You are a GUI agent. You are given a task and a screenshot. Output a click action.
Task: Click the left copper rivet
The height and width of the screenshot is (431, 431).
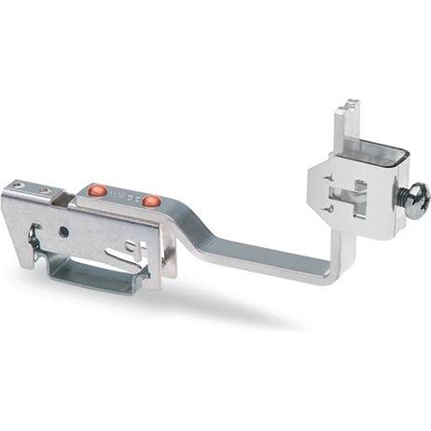pyautogui.click(x=97, y=190)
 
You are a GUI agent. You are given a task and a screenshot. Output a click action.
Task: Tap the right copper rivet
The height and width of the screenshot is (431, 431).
pyautogui.click(x=151, y=201)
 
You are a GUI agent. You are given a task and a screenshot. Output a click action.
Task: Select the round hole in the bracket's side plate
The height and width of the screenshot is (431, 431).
pyautogui.click(x=63, y=229)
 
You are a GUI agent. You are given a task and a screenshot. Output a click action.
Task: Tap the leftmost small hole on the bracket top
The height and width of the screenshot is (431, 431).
pyautogui.click(x=19, y=186)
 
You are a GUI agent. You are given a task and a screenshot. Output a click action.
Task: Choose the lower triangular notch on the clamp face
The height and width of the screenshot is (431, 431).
pyautogui.click(x=328, y=209)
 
